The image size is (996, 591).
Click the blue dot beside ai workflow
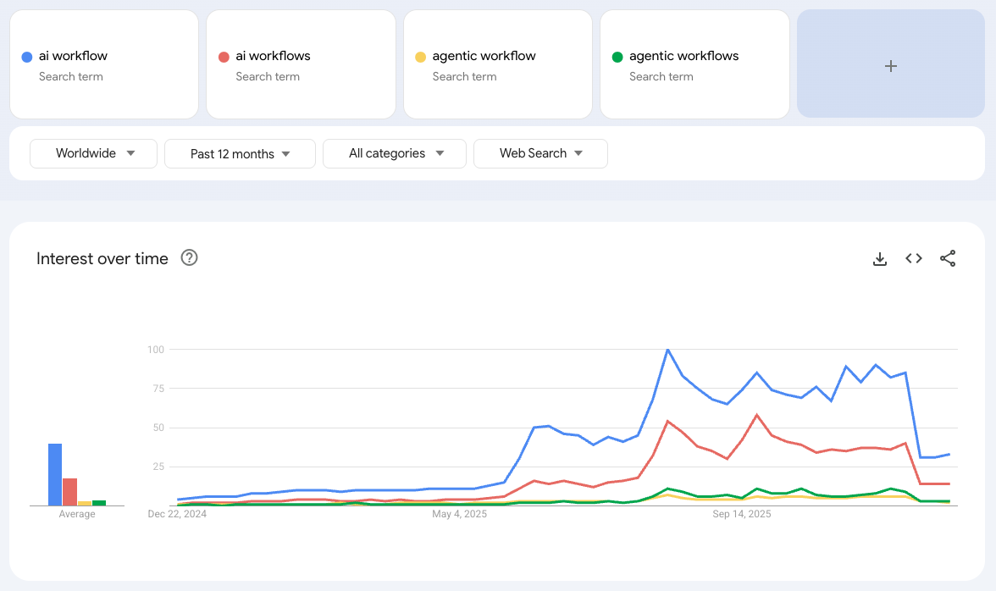pyautogui.click(x=26, y=57)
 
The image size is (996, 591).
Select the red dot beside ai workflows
pyautogui.click(x=224, y=57)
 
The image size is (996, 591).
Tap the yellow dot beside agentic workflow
pyautogui.click(x=420, y=57)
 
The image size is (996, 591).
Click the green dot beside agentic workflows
pyautogui.click(x=617, y=57)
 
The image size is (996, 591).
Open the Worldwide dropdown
pyautogui.click(x=94, y=153)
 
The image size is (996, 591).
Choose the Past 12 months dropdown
pyautogui.click(x=240, y=154)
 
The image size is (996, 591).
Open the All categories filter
pyautogui.click(x=395, y=153)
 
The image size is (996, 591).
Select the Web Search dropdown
pyautogui.click(x=540, y=153)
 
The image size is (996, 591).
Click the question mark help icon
pyautogui.click(x=190, y=258)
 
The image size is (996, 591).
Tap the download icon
pyautogui.click(x=880, y=259)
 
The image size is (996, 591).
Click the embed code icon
pyautogui.click(x=914, y=259)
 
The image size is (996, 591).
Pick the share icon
pyautogui.click(x=948, y=259)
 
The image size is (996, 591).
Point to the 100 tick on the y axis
pyautogui.click(x=155, y=350)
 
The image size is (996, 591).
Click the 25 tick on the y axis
pyautogui.click(x=158, y=467)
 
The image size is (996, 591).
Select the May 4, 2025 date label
pyautogui.click(x=459, y=514)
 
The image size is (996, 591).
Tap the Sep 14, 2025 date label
pyautogui.click(x=741, y=514)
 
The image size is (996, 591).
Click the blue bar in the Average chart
pyautogui.click(x=55, y=474)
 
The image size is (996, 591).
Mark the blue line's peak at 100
pyautogui.click(x=667, y=350)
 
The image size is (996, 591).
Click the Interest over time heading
pyautogui.click(x=102, y=259)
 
